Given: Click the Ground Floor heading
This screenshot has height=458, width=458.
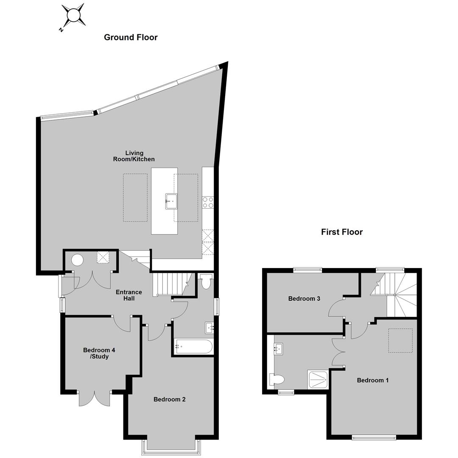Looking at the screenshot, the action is coord(131,37).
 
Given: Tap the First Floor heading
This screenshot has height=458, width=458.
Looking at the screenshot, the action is coord(342,232).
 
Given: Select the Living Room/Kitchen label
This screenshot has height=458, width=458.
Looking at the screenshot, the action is coord(134,156).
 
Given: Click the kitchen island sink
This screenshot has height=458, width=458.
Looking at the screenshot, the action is coord(171,201).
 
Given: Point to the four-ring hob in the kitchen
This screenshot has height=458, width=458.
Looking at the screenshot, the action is coord(208,202).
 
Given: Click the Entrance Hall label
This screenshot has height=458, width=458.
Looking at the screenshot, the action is coord(129,295).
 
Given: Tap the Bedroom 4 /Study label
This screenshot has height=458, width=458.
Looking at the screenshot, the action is coord(99,353).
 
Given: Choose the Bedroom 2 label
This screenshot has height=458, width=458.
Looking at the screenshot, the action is coord(169,399).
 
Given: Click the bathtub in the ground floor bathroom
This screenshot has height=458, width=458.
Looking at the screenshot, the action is coord(193,347).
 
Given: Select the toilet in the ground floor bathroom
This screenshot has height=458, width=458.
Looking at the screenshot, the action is coord(206,282).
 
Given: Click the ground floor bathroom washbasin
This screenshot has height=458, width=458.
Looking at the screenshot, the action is coord(209,328).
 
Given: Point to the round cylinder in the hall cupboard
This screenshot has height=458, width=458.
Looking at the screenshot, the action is coord(78,260).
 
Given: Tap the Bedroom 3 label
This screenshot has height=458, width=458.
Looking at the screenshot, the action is coord(304,299).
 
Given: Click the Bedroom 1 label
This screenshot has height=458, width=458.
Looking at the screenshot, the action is coord(373,380).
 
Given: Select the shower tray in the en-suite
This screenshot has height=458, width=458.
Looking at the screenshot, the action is coord(318,380).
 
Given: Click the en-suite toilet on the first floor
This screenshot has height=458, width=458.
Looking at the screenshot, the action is coord(276,380).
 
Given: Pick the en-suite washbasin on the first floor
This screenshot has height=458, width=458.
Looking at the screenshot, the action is coord(278,349).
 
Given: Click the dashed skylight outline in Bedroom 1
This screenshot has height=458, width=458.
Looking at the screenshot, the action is coord(400,341).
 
